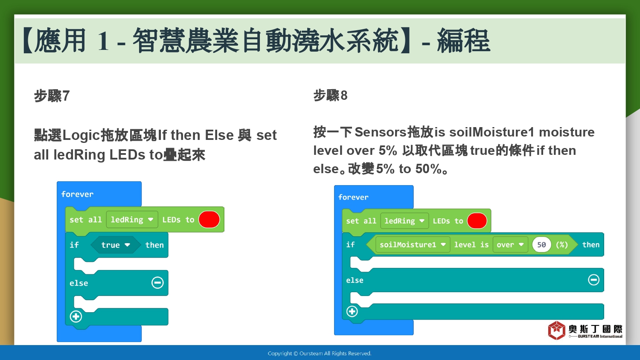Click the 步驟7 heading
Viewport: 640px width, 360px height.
click(52, 96)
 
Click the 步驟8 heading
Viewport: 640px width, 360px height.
click(330, 95)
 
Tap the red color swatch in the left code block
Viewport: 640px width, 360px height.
click(209, 219)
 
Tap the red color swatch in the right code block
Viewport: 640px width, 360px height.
click(477, 221)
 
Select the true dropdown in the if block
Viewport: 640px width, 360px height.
click(116, 245)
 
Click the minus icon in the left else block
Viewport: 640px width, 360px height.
click(157, 282)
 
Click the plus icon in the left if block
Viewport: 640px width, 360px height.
click(76, 316)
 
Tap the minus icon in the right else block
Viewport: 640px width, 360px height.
click(593, 280)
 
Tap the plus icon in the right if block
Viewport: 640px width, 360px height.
click(352, 311)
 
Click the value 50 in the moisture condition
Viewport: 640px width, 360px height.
click(541, 244)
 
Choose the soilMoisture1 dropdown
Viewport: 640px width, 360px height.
click(413, 244)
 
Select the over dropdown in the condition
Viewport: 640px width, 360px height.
click(510, 244)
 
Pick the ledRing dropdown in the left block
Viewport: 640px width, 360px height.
click(132, 219)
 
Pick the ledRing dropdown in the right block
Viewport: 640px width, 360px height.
click(404, 221)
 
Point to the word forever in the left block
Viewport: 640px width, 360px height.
click(77, 194)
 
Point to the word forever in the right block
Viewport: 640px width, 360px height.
click(353, 197)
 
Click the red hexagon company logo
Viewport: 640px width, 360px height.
click(556, 330)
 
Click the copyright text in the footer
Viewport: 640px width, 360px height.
click(320, 354)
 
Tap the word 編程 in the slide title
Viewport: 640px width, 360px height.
click(463, 41)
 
